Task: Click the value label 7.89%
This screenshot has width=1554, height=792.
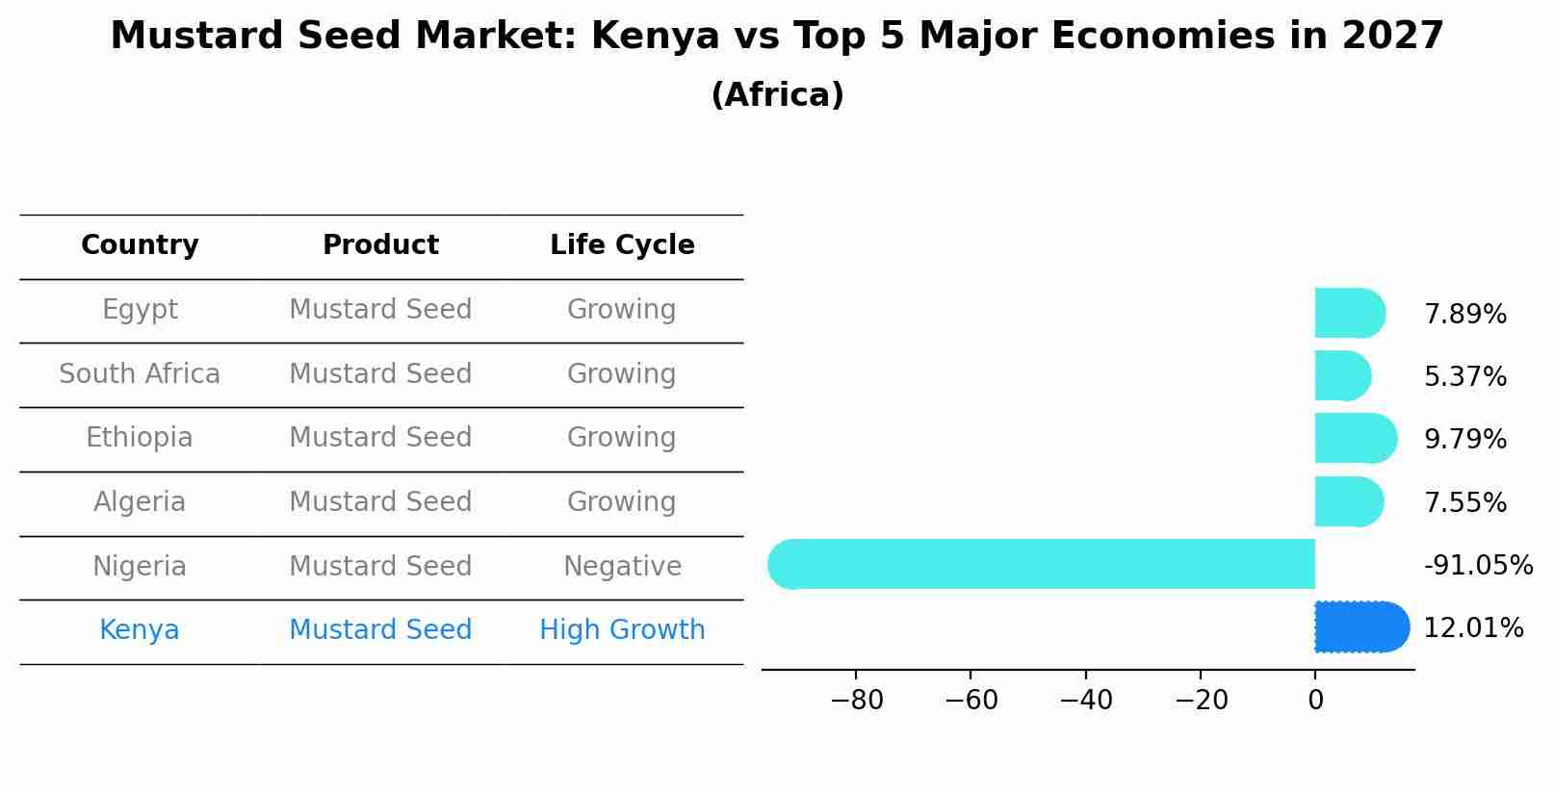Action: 1464,315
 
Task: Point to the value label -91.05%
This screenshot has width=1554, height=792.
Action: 1477,565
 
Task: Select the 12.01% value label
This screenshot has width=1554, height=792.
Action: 1472,628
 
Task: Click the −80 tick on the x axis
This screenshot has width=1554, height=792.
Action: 856,701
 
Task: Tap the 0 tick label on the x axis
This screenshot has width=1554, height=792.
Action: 1315,701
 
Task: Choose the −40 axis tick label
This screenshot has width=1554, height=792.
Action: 1085,701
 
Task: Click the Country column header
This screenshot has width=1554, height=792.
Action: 140,245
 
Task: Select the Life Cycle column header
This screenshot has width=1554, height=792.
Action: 622,245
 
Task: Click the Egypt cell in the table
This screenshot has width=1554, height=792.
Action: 140,310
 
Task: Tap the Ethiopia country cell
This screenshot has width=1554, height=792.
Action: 140,438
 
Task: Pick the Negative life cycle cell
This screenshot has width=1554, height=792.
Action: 622,566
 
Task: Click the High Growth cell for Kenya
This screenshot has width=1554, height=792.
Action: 622,630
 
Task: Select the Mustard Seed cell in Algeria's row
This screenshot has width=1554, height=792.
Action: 380,502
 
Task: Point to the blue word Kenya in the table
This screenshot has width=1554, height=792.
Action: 140,630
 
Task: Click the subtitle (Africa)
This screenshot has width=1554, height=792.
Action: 777,95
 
